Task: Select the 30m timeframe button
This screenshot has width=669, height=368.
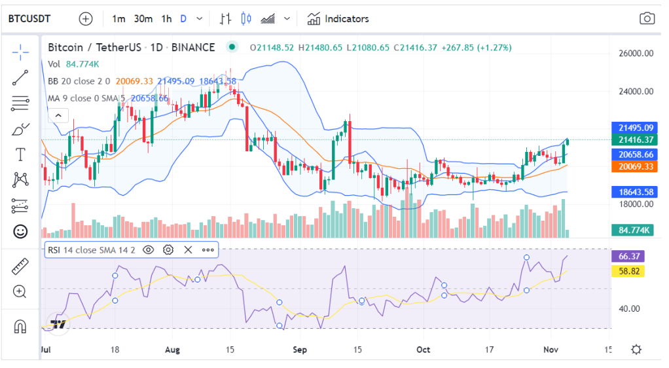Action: [x=143, y=19]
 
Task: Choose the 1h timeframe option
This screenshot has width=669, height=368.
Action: [x=166, y=19]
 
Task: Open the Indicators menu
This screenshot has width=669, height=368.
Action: [x=338, y=19]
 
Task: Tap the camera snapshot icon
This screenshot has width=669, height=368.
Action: [x=647, y=19]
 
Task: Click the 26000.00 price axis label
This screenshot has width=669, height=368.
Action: [x=636, y=54]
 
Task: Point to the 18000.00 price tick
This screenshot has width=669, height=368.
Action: [x=636, y=204]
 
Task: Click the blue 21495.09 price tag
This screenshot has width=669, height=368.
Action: [x=632, y=128]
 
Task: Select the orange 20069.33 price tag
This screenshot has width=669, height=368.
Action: [x=632, y=167]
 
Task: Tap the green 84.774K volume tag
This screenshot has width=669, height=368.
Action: [x=632, y=230]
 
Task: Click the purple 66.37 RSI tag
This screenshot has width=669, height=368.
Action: [x=627, y=256]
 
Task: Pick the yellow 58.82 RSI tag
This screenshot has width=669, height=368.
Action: [x=627, y=270]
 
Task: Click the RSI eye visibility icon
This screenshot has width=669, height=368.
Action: [x=149, y=249]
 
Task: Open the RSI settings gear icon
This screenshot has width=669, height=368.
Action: [x=168, y=249]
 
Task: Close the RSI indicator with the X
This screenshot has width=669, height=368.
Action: [x=188, y=249]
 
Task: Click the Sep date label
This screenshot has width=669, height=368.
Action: [x=299, y=350]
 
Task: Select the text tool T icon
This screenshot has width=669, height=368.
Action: [x=20, y=155]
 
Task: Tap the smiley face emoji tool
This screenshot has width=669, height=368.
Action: [x=20, y=231]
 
